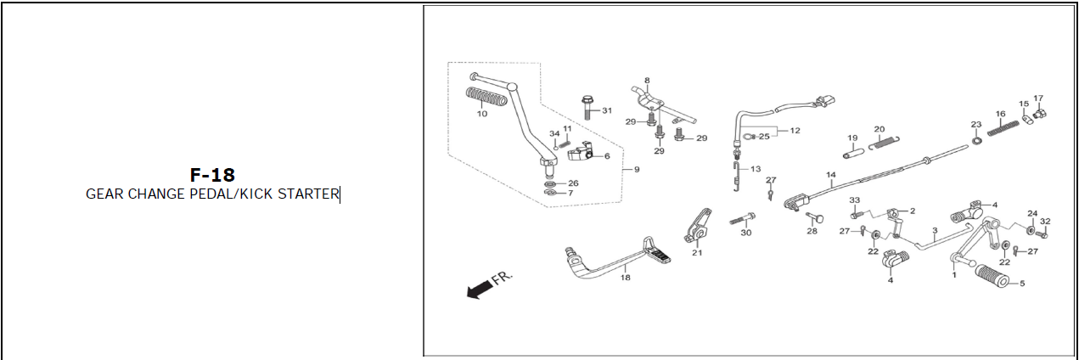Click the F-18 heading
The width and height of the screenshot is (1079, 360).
point(212,174)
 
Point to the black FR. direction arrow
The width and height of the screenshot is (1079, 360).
point(480,290)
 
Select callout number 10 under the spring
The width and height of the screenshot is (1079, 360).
point(481,114)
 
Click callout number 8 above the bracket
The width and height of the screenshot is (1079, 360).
point(647,81)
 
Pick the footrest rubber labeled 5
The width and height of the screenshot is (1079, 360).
point(992,276)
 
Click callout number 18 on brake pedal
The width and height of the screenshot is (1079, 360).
point(625,278)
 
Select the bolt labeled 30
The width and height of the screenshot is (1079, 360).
point(742,219)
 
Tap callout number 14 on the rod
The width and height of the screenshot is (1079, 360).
point(831,175)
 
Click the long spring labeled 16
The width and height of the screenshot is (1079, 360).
point(1003,128)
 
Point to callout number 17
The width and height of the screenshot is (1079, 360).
point(1038,98)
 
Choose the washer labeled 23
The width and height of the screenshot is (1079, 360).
point(977,141)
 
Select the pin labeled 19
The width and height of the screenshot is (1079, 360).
point(854,154)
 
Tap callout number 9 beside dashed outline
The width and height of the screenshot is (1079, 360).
point(637,170)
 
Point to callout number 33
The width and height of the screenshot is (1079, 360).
point(855,200)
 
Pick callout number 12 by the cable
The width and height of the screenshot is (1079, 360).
point(795,131)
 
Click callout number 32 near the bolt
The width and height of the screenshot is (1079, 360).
point(1045,222)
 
